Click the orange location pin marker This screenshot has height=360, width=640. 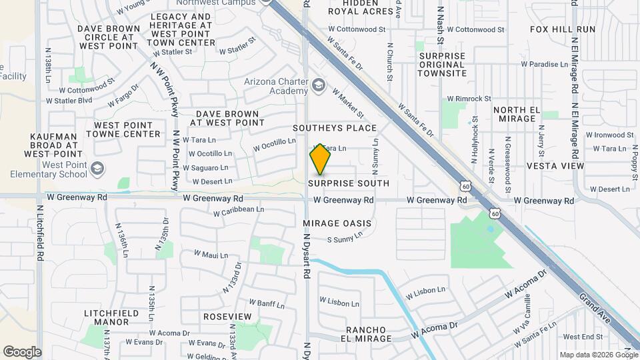320,159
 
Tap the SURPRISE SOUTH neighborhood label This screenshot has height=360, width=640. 349,183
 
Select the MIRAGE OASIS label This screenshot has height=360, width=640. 337,223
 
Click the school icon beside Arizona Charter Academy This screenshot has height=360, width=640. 319,85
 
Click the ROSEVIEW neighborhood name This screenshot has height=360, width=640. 227,316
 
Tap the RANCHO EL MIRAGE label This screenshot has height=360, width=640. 369,335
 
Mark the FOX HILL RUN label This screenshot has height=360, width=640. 563,29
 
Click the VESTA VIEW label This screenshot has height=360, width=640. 555,165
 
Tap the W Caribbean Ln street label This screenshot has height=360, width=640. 239,210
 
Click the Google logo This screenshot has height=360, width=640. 22,351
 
